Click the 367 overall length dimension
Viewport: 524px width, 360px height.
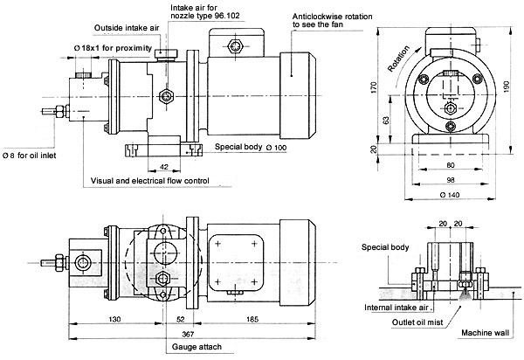pyautogui.click(x=188, y=334)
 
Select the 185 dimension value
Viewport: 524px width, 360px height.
pyautogui.click(x=252, y=319)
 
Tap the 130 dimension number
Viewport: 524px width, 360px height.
pyautogui.click(x=114, y=319)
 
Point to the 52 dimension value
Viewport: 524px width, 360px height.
pyautogui.click(x=180, y=319)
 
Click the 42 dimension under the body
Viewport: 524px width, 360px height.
pyautogui.click(x=164, y=167)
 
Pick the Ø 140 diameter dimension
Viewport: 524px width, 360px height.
pyautogui.click(x=449, y=195)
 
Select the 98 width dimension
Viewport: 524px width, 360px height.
pyautogui.click(x=451, y=180)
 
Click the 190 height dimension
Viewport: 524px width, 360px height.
pyautogui.click(x=506, y=87)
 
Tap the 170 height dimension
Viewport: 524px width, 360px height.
pyautogui.click(x=374, y=87)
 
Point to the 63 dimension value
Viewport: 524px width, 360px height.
pyautogui.click(x=385, y=121)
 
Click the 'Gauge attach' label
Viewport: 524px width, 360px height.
pyautogui.click(x=196, y=347)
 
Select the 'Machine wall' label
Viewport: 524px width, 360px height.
pyautogui.click(x=485, y=333)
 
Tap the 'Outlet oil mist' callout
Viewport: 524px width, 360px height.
pyautogui.click(x=417, y=322)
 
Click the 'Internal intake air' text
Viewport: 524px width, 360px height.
pyautogui.click(x=396, y=308)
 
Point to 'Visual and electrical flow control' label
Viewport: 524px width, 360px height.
pyautogui.click(x=149, y=181)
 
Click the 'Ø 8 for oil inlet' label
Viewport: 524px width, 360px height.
pyautogui.click(x=30, y=156)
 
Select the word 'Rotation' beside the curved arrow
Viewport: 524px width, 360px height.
pyautogui.click(x=398, y=59)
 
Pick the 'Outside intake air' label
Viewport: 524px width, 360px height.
pyautogui.click(x=127, y=28)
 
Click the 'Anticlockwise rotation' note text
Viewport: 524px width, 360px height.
pyautogui.click(x=332, y=17)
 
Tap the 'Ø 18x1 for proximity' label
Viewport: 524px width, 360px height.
pyautogui.click(x=113, y=48)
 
